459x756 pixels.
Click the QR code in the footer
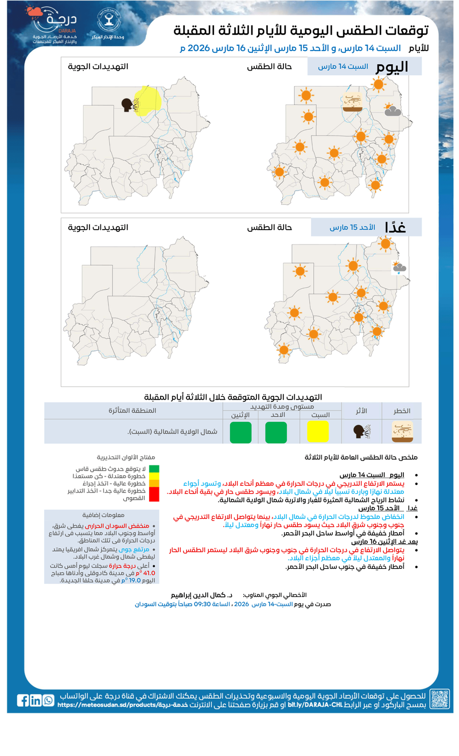tap(439, 699)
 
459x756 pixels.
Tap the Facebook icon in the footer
tap(23, 700)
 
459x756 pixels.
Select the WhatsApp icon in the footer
tap(48, 700)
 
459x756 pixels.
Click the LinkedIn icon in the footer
tap(36, 700)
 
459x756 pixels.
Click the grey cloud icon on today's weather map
tap(392, 111)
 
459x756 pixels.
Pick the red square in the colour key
tap(154, 494)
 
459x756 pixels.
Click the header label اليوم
tap(392, 67)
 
